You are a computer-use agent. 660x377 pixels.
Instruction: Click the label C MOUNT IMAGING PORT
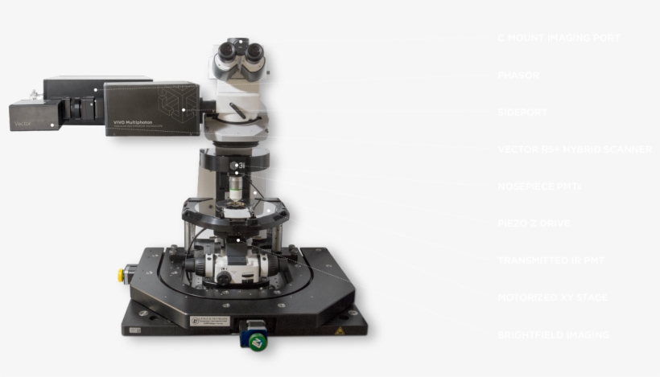pyautogui.click(x=558, y=38)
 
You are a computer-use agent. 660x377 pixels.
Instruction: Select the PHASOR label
pyautogui.click(x=518, y=75)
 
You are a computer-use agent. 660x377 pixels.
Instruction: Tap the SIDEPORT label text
pyautogui.click(x=522, y=112)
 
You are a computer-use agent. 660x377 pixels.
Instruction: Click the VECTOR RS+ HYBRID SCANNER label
pyautogui.click(x=574, y=150)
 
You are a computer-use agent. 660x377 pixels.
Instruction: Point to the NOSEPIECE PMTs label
pyautogui.click(x=538, y=186)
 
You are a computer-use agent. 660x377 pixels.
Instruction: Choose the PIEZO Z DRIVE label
pyautogui.click(x=534, y=223)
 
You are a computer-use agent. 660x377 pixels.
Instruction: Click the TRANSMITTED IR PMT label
pyautogui.click(x=550, y=260)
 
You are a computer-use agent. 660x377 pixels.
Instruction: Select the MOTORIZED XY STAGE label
pyautogui.click(x=552, y=297)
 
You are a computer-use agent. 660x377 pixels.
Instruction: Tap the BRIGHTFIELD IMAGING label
pyautogui.click(x=552, y=334)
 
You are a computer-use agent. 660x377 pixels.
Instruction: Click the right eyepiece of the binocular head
pyautogui.click(x=254, y=51)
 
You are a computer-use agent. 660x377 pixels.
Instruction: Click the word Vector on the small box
pyautogui.click(x=22, y=125)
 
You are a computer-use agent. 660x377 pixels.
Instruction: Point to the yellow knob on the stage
pyautogui.click(x=123, y=273)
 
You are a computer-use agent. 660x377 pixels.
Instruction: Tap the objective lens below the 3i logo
pyautogui.click(x=235, y=190)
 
